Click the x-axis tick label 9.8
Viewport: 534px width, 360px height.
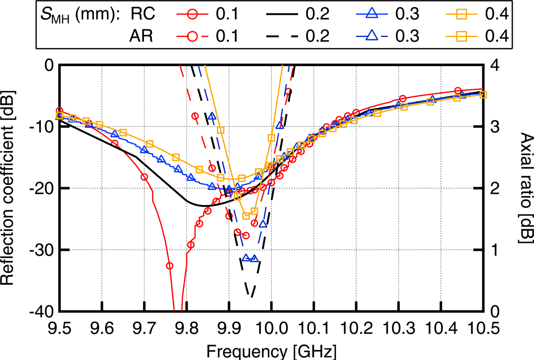(x=186, y=328)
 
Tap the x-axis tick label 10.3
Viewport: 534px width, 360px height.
(x=399, y=328)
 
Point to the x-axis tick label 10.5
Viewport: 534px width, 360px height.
(x=483, y=328)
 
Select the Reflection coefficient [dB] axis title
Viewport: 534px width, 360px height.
(x=8, y=188)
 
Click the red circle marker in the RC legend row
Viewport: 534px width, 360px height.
(x=193, y=14)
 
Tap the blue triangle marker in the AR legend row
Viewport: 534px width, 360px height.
(x=372, y=37)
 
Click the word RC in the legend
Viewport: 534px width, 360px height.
(x=143, y=14)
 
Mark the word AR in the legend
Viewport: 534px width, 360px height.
(x=141, y=36)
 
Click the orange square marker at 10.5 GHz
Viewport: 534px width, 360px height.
(x=483, y=95)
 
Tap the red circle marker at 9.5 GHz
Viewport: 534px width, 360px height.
(x=59, y=111)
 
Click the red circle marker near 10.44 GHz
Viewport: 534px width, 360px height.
(x=458, y=91)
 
